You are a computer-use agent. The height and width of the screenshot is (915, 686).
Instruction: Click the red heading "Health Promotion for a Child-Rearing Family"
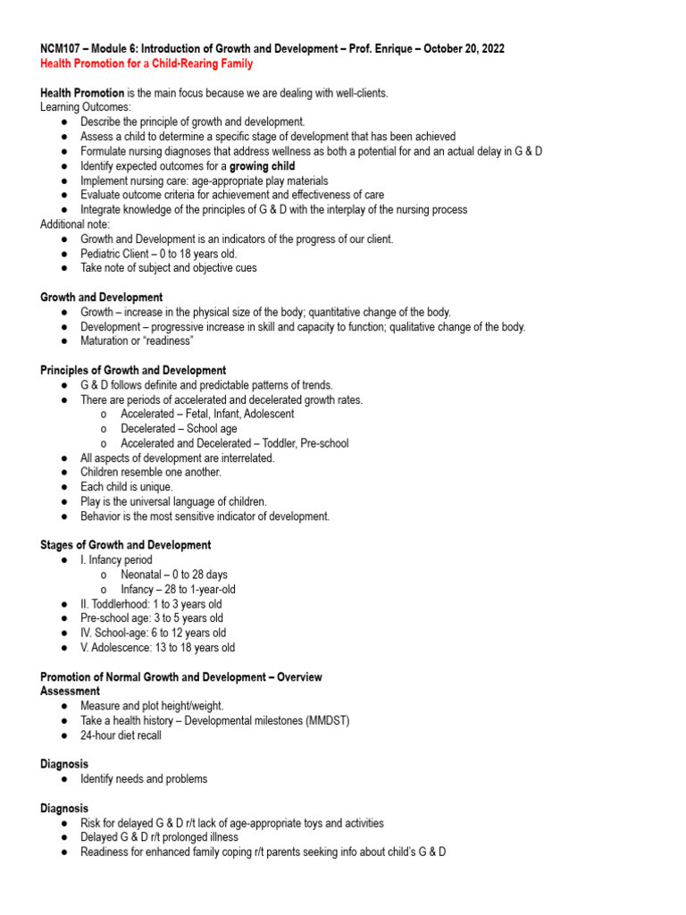coord(146,63)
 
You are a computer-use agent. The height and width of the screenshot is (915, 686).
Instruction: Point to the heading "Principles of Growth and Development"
coord(133,370)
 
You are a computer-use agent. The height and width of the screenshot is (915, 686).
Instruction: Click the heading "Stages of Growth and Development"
coord(126,545)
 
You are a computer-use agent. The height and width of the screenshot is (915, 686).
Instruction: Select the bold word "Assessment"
coord(71,691)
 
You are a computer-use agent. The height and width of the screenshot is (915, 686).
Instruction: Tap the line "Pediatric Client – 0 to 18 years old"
coord(159,253)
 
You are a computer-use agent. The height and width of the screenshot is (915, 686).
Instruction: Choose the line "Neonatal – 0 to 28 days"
coord(174,575)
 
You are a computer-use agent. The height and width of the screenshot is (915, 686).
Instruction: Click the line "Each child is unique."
coord(131,487)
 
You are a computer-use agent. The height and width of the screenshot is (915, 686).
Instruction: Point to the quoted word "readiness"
coord(163,340)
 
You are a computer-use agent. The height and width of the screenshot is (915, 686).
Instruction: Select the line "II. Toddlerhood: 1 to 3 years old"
coord(151,604)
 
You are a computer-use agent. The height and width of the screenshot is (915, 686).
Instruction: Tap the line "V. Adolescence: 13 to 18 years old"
coord(157,648)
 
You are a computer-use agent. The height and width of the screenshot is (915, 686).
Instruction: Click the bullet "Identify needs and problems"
coord(144,778)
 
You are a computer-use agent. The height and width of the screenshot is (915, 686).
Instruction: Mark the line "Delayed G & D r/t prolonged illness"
coord(159,837)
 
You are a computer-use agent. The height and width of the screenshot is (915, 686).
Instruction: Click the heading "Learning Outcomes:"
coord(86,107)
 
